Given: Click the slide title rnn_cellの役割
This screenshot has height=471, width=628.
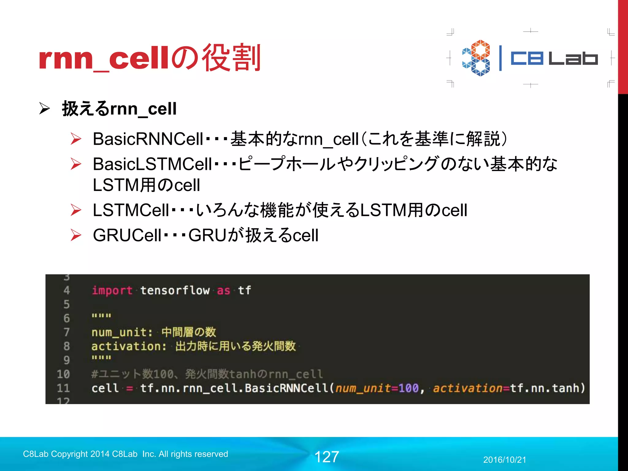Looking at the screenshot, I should coord(150,58).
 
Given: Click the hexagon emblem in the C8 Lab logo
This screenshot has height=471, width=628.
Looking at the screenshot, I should coord(476,58).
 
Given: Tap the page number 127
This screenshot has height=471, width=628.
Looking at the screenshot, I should coord(327,457).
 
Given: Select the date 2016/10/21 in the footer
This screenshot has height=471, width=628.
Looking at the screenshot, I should coord(504,460).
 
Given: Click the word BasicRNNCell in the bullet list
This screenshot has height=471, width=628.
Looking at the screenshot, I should coord(148,139).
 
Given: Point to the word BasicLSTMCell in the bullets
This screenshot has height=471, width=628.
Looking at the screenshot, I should coord(152,164).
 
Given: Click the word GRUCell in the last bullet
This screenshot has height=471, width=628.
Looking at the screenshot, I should coord(127,235).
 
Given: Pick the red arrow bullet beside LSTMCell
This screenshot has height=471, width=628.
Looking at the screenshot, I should coord(76,210).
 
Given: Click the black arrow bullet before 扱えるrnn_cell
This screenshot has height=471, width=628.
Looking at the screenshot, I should coord(44,109).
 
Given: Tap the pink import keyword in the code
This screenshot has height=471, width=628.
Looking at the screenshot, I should coord(112,290).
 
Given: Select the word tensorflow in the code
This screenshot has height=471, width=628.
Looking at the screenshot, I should coord(175,290).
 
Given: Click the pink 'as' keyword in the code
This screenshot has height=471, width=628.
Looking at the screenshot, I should coord(223,290).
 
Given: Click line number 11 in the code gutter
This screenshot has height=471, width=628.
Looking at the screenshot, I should coord(63,388).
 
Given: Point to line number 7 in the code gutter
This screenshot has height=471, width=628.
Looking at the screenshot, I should coord(66,332).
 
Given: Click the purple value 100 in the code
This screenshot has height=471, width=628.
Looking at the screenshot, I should coord(408,388).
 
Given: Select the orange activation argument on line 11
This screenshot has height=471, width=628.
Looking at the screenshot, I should coord(467,388).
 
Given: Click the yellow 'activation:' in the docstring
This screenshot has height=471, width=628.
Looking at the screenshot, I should coord(129,346).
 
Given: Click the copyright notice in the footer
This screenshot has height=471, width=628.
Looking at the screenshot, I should coord(125,454).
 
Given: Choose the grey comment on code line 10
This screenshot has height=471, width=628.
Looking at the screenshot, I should coord(207,374).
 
